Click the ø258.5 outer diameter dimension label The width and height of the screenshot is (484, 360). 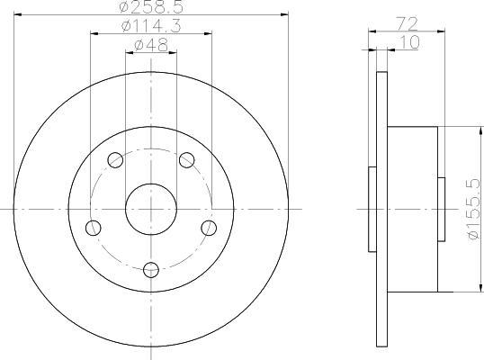pos(151,7)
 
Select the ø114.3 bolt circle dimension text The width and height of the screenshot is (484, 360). pos(151,25)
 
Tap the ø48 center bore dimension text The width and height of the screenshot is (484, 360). pos(151,45)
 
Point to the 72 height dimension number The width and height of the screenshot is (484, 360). pos(407,24)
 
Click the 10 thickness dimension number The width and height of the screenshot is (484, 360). pos(409,42)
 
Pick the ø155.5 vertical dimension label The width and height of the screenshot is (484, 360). pos(474,209)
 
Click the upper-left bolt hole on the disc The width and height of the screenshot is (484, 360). pos(115,160)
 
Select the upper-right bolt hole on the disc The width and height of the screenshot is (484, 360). pos(187,160)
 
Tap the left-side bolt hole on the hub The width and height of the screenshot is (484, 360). pos(94,229)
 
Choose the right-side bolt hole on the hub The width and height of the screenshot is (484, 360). pos(209,229)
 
